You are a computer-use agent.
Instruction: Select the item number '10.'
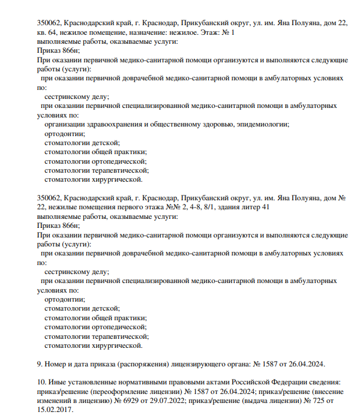42,382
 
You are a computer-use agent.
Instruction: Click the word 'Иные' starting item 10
59,382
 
